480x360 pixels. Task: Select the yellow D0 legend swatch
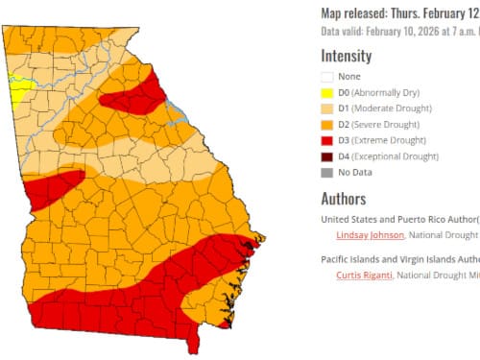[328, 92]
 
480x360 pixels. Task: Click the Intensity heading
[346, 55]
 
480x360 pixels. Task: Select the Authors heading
[343, 200]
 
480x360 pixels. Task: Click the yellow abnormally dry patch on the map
[18, 85]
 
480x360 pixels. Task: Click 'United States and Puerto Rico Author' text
[398, 219]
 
